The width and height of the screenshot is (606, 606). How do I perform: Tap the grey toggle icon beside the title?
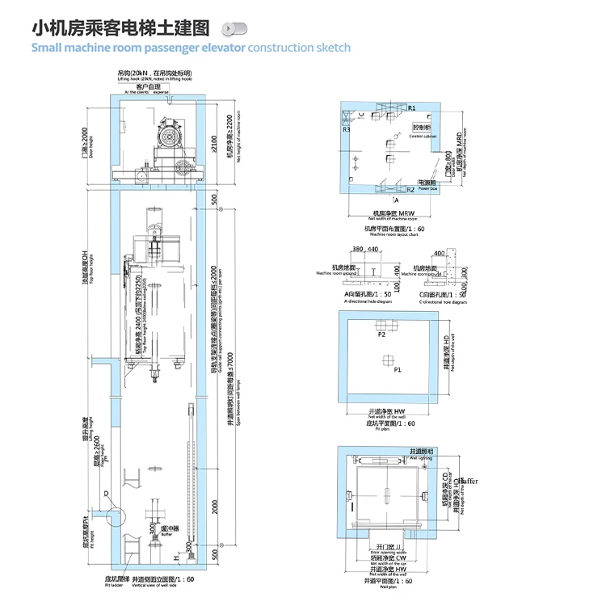tap(234, 29)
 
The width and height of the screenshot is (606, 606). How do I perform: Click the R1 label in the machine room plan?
tap(411, 107)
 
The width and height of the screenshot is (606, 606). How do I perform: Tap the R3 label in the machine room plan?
tap(346, 128)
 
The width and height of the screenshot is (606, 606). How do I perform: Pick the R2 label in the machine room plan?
tap(410, 189)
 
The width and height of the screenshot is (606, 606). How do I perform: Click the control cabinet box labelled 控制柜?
tap(422, 128)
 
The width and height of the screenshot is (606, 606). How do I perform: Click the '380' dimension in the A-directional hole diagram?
tap(358, 250)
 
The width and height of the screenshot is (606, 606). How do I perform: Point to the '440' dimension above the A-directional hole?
tap(373, 250)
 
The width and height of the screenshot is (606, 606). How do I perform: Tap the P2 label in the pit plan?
tap(381, 332)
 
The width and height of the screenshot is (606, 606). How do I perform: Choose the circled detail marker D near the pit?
tap(105, 494)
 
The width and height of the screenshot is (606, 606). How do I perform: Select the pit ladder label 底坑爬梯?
tap(118, 579)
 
